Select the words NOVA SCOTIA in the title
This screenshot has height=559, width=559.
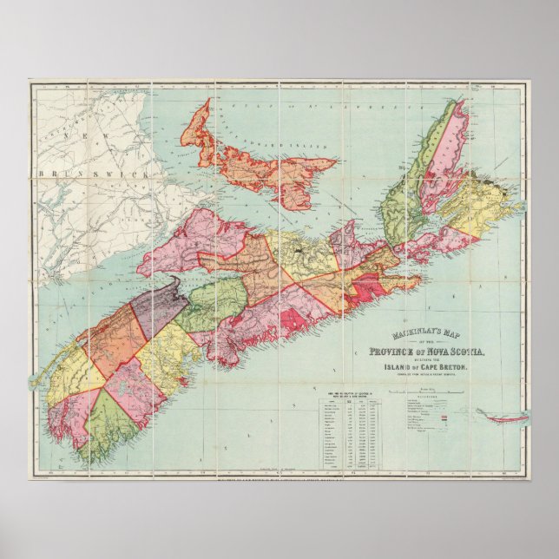coord(453,352)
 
